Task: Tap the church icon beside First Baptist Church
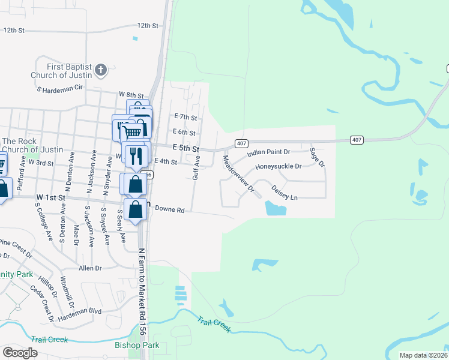point(100,70)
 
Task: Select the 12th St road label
point(147,26)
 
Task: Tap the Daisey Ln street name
point(285,193)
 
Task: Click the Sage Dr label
point(317,157)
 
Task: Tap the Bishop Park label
point(137,346)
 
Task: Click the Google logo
point(20,353)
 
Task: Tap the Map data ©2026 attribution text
point(423,355)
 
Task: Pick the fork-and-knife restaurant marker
point(136,156)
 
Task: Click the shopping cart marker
point(133,130)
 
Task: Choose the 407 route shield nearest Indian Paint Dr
point(241,143)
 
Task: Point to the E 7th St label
point(185,116)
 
